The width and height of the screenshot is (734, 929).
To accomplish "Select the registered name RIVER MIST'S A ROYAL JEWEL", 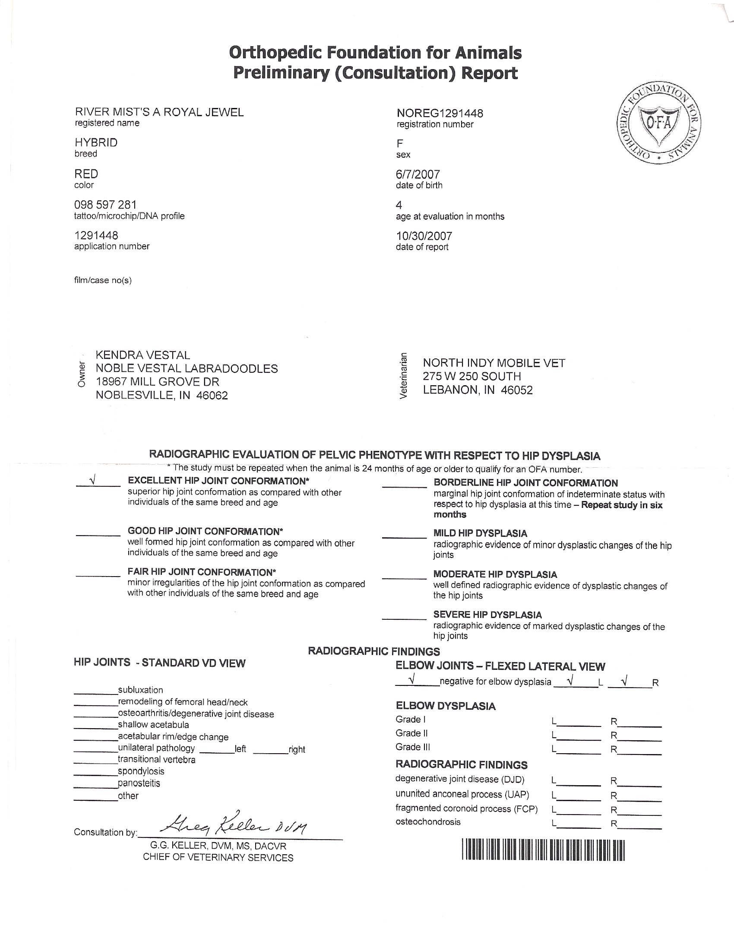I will point(159,112).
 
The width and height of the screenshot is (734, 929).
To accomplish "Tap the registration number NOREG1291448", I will point(440,113).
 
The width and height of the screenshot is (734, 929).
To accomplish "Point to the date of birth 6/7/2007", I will point(418,174).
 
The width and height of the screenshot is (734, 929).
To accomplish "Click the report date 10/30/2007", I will point(424,236).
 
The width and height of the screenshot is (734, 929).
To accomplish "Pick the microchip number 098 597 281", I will point(105,205).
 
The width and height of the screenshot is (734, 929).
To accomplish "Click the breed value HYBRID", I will point(96,143).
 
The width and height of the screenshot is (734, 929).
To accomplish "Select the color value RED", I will point(86,174).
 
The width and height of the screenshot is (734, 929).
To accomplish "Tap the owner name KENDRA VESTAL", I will point(142,355).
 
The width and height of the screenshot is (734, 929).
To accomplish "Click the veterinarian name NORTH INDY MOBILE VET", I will point(494,363).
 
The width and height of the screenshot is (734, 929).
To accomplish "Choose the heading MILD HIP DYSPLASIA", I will point(480,533).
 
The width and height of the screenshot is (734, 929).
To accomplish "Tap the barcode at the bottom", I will point(543,850).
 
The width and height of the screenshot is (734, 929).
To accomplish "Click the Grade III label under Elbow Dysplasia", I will point(413,747).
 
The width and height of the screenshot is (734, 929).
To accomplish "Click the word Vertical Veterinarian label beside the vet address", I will point(404,375).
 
